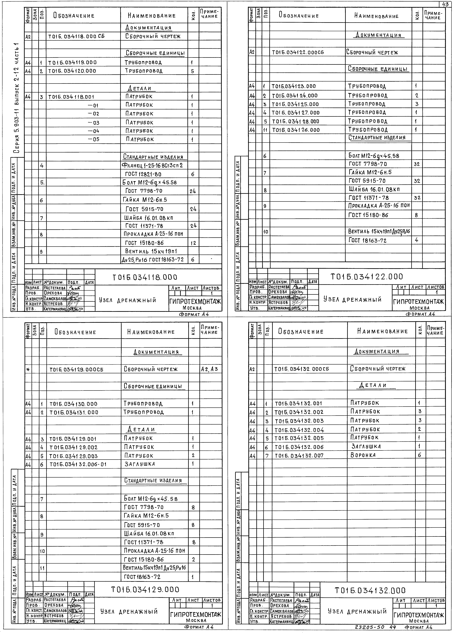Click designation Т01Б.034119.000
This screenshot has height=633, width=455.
(72, 63)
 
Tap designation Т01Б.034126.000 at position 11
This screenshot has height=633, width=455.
(296, 130)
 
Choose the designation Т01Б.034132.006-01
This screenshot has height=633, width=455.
(78, 464)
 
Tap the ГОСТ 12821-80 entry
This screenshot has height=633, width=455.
(143, 174)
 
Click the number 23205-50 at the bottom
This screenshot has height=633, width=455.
(369, 627)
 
